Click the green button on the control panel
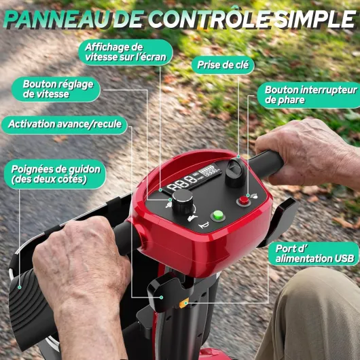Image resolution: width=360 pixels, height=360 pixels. (218, 215)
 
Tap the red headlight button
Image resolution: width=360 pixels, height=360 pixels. (244, 201)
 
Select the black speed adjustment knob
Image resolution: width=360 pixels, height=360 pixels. (183, 201)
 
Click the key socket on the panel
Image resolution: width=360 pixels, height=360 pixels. (235, 173)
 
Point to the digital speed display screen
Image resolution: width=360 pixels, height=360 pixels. (194, 179)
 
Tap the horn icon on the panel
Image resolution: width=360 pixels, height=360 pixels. (204, 225)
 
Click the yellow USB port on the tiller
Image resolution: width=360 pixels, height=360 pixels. (183, 303)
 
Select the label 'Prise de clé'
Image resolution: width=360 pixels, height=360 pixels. (223, 65)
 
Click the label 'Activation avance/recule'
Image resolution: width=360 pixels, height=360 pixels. (65, 124)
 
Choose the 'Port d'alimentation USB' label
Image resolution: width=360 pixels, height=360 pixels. (314, 254)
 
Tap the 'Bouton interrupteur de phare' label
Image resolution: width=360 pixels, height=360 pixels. (309, 95)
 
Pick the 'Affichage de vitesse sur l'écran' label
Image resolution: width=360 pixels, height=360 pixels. (126, 52)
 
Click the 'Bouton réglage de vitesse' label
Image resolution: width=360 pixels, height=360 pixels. (56, 89)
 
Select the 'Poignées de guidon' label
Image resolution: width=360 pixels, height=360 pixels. (55, 175)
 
